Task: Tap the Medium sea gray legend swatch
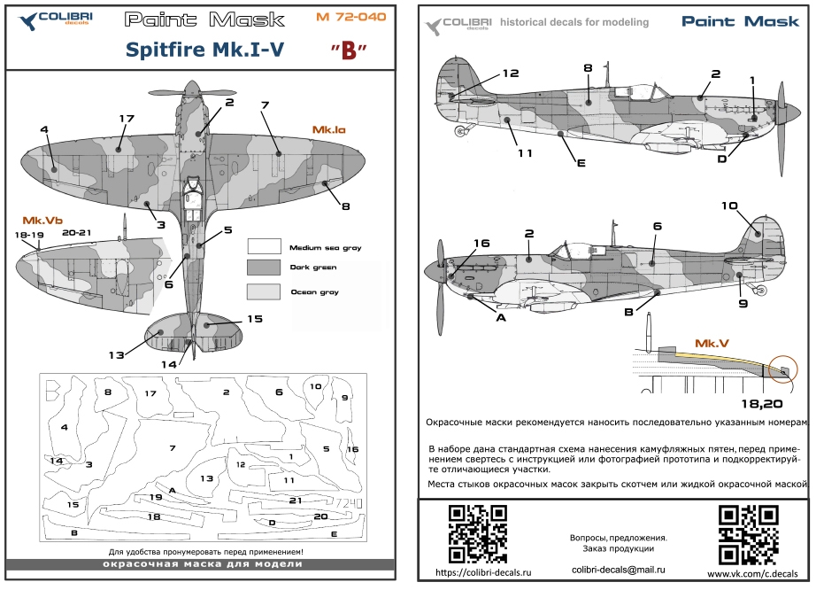tap(263, 246)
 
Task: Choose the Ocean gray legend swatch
tap(263, 291)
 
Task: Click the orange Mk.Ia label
tap(328, 130)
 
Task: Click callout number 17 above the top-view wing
tap(126, 118)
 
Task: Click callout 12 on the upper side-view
tap(510, 74)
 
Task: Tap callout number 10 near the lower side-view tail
tap(728, 206)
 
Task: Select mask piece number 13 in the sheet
tap(205, 477)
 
